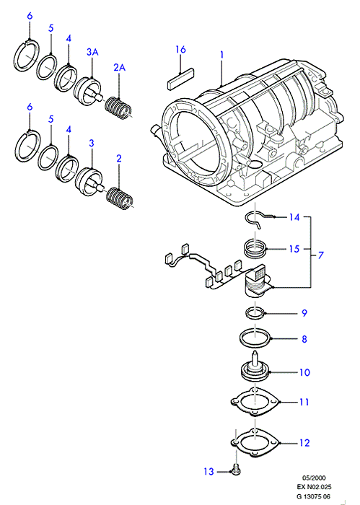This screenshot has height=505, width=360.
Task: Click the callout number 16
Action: pos(181,50)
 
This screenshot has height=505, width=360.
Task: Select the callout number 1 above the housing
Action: pos(221,55)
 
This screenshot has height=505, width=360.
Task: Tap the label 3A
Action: pos(92,52)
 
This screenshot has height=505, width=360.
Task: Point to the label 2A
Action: pos(119,67)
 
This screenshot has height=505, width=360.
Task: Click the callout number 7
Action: pos(320,255)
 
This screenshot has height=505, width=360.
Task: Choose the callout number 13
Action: pos(208,472)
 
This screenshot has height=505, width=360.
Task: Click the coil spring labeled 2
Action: pos(120,197)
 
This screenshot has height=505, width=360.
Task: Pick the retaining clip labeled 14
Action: pos(258,219)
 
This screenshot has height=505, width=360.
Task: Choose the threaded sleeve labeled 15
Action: pos(255,250)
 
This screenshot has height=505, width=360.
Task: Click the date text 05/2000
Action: pos(314,478)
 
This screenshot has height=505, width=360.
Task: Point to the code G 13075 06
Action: pos(314,496)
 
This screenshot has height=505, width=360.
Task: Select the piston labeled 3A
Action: pos(88,89)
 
